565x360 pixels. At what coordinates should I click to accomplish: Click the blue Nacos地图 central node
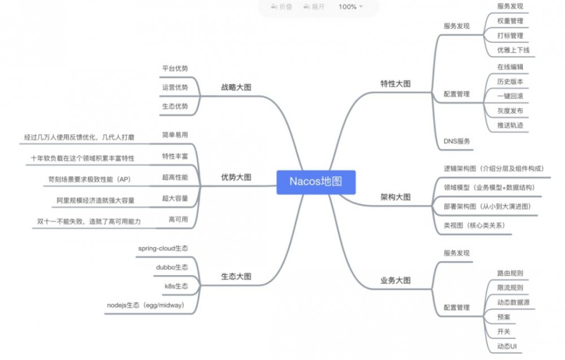coord(316,182)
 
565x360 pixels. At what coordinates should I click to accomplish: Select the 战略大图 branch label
coord(236,87)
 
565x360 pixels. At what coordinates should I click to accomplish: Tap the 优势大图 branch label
coord(236,177)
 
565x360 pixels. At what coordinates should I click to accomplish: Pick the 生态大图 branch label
coord(236,276)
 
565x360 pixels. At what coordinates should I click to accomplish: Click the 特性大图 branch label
coord(395,84)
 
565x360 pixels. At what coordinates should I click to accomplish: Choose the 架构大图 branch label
coord(395,197)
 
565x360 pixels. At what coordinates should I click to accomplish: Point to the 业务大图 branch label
coord(395,280)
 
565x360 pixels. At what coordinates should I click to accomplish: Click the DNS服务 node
coord(457,141)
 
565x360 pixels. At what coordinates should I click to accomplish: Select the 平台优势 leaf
coord(175,68)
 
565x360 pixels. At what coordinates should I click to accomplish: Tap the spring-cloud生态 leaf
coord(163,248)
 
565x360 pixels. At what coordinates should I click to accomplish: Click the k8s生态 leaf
coord(176,286)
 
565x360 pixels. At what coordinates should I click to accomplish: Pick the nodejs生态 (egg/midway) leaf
coord(146,305)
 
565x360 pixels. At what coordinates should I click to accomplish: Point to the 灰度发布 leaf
coord(510,111)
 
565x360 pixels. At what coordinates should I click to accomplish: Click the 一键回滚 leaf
coord(510,96)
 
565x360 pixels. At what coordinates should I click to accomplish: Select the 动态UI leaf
coord(507,346)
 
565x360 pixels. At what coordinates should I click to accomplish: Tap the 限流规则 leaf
coord(510,288)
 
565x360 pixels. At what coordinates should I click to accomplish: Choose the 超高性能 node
coord(175,177)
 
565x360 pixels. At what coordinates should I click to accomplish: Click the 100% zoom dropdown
coord(351,7)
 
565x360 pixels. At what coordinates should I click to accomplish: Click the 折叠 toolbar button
coord(281,7)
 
